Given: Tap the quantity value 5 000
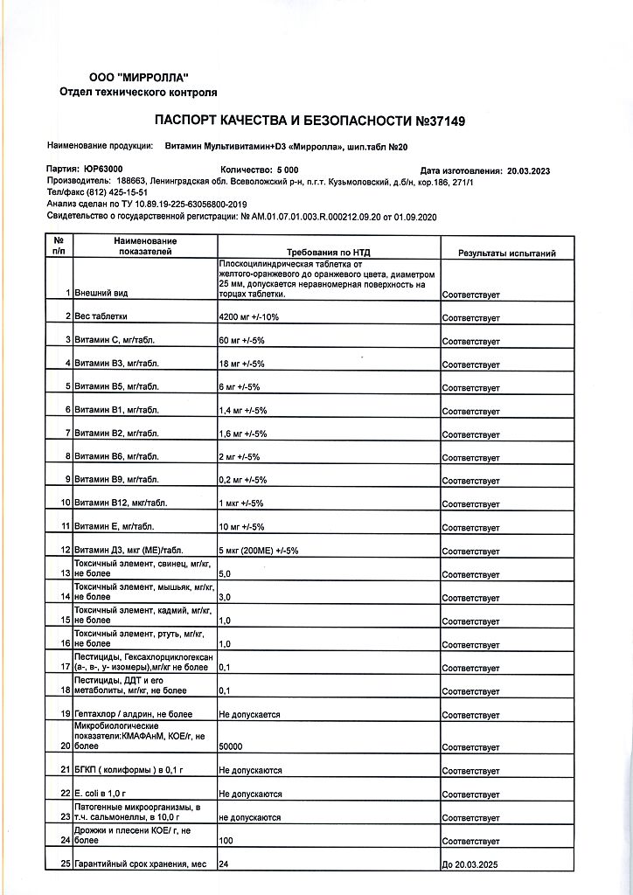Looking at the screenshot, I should click(287, 170).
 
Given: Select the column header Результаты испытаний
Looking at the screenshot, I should click(507, 253).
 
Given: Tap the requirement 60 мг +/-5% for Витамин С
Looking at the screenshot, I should click(241, 339).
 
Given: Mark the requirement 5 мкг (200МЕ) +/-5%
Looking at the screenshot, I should click(258, 551).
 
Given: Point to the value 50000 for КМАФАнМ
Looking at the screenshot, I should click(231, 746).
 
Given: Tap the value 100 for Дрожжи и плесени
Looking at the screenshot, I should click(226, 841).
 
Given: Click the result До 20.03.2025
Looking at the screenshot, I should click(470, 864).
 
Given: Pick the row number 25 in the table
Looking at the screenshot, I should click(65, 864).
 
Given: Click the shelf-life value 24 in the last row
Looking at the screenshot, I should click(224, 864).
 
